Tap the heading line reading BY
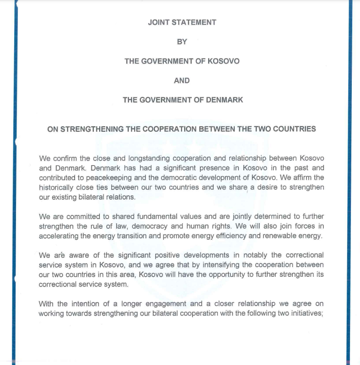point(182,42)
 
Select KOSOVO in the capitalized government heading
point(223,61)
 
